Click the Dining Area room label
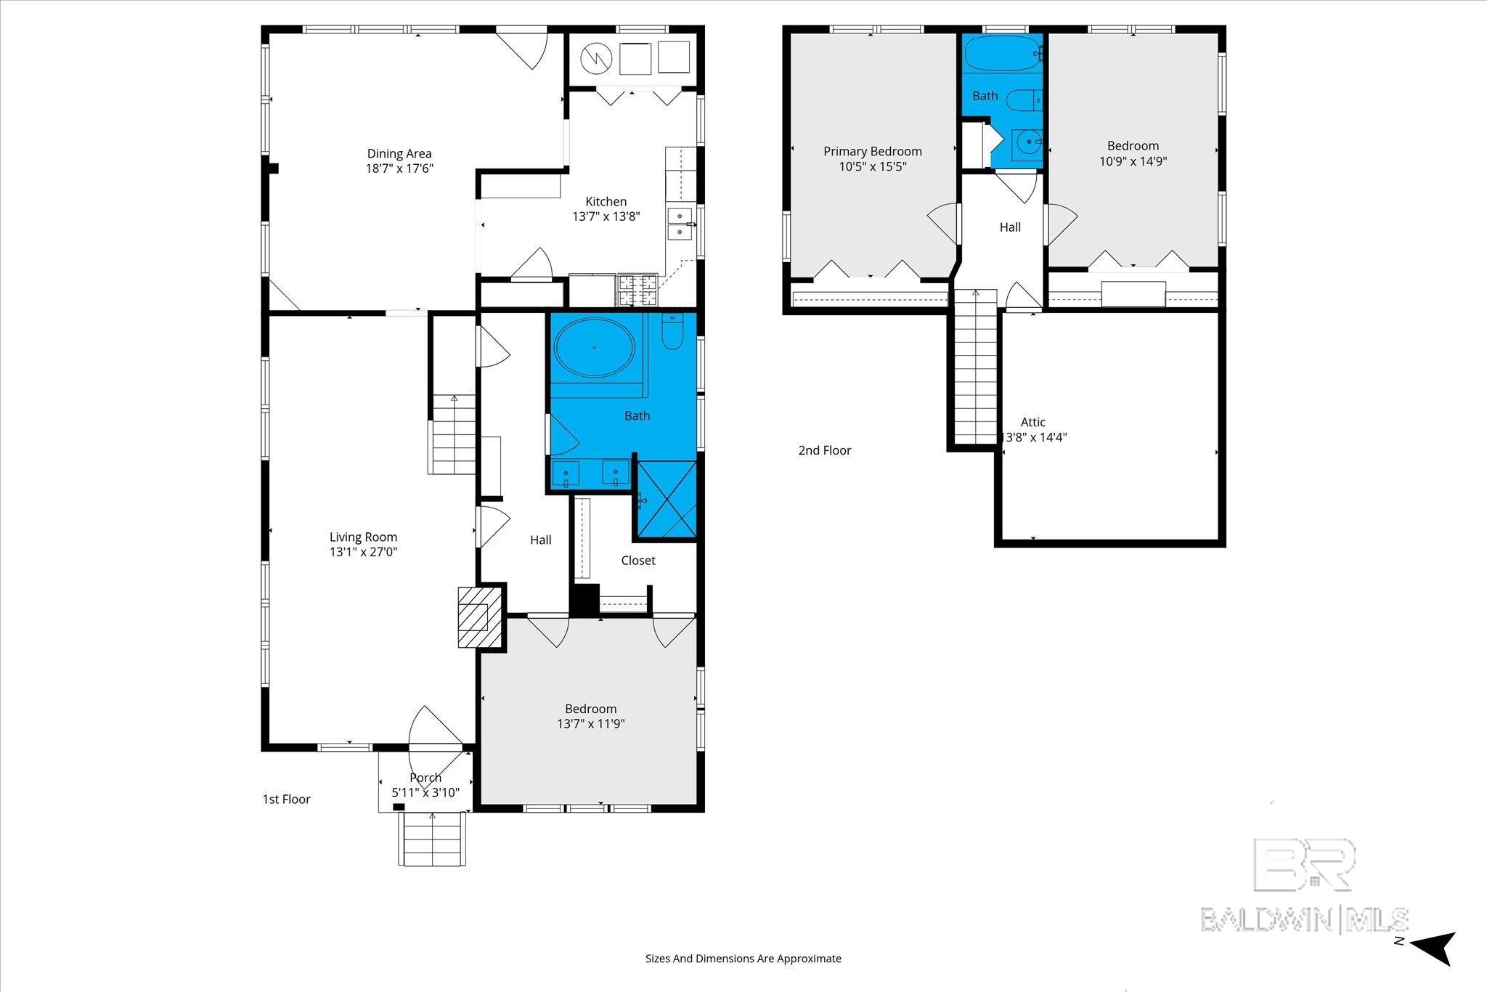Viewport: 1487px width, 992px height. pos(399,153)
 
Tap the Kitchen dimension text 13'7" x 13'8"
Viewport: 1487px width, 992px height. pos(606,216)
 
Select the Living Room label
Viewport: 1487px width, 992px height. pos(363,537)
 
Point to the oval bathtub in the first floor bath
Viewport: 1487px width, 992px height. pos(595,347)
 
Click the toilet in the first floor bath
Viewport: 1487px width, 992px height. pos(672,330)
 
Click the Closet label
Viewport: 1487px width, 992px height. pos(638,561)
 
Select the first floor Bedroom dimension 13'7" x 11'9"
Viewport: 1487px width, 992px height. pos(591,724)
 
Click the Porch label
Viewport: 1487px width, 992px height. pos(425,778)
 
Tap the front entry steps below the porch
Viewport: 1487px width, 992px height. pos(433,839)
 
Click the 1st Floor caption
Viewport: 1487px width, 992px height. pos(286,800)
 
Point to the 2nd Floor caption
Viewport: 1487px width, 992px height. pos(825,450)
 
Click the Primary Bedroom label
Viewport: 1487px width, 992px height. pos(873,151)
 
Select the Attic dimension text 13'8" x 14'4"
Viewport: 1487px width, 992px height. pos(1033,438)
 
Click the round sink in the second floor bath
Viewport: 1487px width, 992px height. pos(1028,143)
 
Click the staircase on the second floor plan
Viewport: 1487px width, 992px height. pos(975,366)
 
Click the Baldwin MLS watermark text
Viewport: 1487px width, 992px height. pos(1305,919)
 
